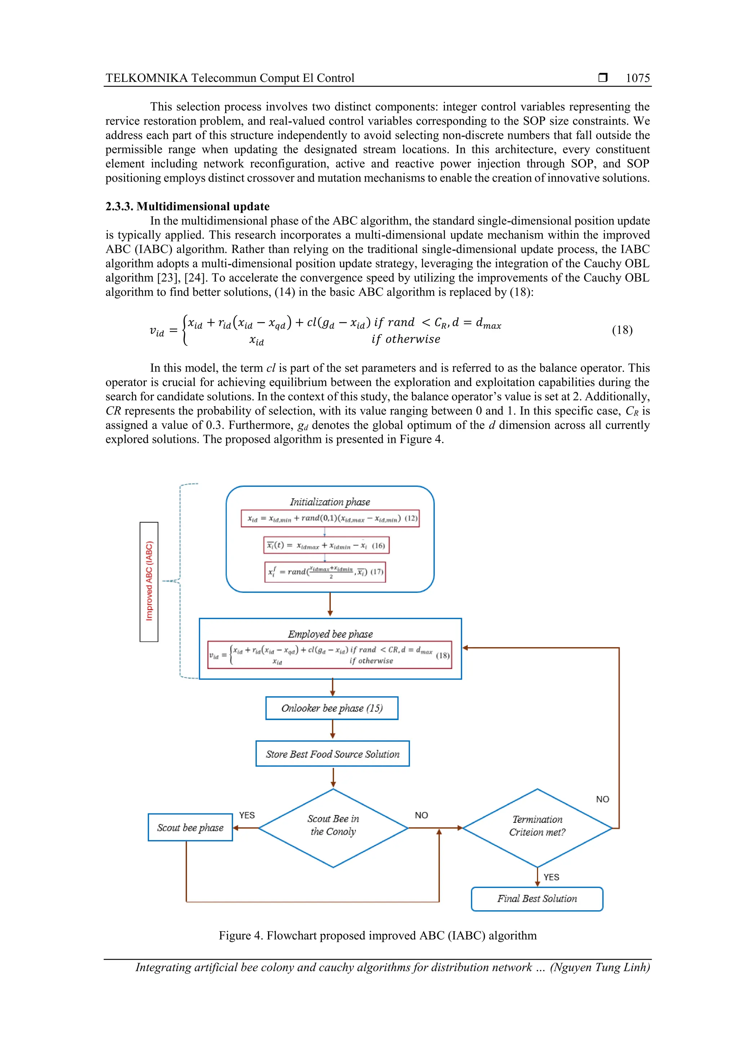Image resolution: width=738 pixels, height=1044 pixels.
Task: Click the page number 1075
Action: pyautogui.click(x=637, y=78)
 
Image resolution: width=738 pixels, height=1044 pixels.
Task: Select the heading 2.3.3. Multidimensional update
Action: pyautogui.click(x=187, y=206)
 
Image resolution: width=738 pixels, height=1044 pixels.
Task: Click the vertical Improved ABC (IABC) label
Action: pyautogui.click(x=149, y=582)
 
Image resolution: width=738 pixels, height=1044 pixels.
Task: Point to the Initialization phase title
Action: pyautogui.click(x=330, y=502)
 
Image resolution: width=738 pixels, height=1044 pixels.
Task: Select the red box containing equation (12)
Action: pyautogui.click(x=330, y=518)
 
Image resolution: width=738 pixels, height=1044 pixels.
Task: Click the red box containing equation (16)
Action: pyautogui.click(x=326, y=545)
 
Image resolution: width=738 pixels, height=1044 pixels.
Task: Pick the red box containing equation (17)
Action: pyautogui.click(x=325, y=572)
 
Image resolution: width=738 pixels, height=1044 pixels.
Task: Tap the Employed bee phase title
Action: pyautogui.click(x=330, y=634)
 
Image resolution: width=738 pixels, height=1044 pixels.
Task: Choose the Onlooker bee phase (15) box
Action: pyautogui.click(x=332, y=708)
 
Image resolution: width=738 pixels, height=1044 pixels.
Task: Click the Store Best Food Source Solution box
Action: pyautogui.click(x=332, y=754)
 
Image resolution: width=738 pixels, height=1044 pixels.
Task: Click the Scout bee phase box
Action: pyautogui.click(x=190, y=827)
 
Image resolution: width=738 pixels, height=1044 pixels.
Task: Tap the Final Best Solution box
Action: pyautogui.click(x=537, y=899)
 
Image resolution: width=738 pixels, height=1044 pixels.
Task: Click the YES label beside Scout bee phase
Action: pyautogui.click(x=247, y=815)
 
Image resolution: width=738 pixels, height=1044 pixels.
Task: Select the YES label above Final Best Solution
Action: pyautogui.click(x=551, y=877)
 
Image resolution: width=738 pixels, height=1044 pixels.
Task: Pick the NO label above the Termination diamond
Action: pyautogui.click(x=603, y=799)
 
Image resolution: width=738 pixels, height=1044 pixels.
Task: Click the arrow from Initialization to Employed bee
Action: pyautogui.click(x=330, y=605)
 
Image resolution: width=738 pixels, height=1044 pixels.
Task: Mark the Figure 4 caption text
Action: pyautogui.click(x=377, y=935)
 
